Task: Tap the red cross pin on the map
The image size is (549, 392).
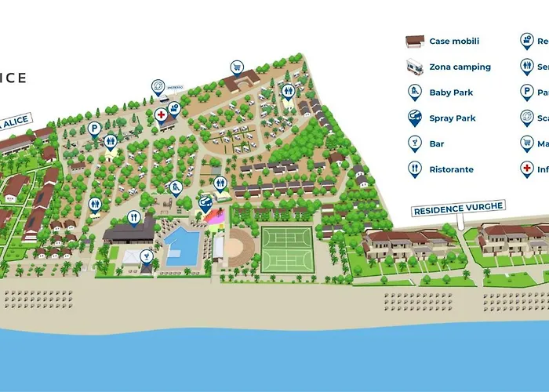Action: [162, 114]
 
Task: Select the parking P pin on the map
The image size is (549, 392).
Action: [93, 128]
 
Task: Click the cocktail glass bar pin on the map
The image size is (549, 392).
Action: [146, 256]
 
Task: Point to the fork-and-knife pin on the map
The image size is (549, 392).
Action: [134, 217]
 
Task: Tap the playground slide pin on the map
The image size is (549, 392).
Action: [176, 187]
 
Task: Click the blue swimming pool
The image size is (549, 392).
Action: [182, 246]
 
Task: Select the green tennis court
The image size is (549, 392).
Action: [286, 249]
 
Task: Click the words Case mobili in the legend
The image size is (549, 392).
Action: [454, 42]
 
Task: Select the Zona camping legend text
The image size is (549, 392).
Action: [460, 67]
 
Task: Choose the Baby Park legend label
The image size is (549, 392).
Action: [451, 93]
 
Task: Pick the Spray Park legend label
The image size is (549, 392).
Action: [453, 118]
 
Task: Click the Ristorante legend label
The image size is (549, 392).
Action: [451, 169]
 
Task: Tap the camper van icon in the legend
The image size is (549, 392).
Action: [414, 67]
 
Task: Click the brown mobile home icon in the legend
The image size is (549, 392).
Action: [414, 42]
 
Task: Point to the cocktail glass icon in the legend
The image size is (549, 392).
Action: [414, 144]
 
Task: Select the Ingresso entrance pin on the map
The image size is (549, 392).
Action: [158, 86]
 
